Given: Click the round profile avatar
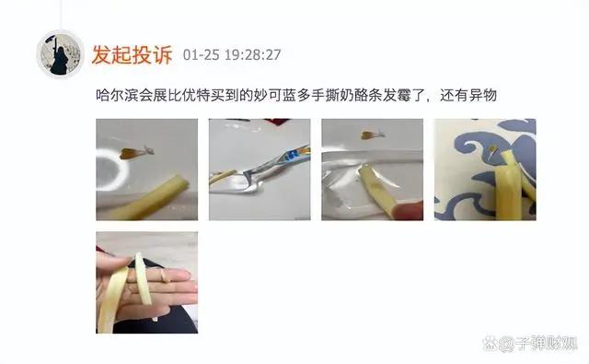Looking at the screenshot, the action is point(60,54).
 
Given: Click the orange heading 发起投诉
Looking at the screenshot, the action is point(133,54).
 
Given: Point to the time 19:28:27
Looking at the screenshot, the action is point(253,55).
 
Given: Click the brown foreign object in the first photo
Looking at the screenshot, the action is point(136,152).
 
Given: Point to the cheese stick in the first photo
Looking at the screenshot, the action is point(150,199).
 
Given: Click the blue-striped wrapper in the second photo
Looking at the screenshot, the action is point(276,161).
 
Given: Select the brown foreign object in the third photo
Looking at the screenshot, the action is point(373,135).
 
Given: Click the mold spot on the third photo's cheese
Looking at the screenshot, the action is point(376,185).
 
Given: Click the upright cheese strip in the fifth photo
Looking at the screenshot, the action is point(144,278).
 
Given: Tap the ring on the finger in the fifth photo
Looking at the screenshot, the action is point(165,276).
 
